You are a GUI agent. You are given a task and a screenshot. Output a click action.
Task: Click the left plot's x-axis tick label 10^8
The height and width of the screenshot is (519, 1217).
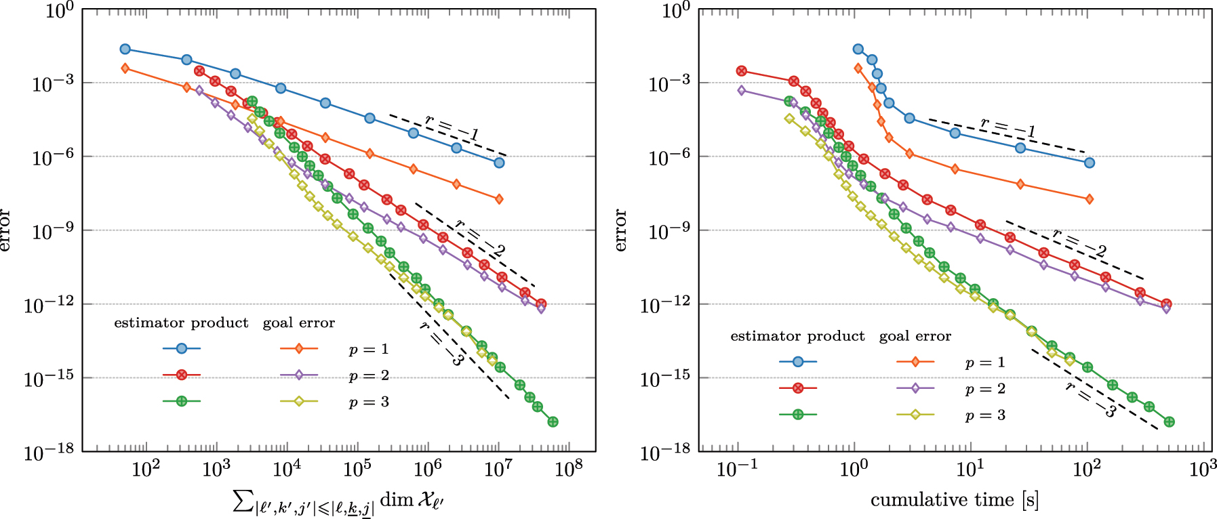pos(568,468)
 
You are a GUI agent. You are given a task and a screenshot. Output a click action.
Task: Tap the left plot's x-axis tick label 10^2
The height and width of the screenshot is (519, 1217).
pos(145,468)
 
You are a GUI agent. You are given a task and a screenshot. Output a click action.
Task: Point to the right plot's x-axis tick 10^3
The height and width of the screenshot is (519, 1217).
pos(1203,468)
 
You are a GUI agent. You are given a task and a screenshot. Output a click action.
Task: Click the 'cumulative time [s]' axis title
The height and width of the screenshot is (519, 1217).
pos(955,500)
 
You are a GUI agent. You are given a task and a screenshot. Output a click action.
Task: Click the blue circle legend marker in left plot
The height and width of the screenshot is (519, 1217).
pos(182,348)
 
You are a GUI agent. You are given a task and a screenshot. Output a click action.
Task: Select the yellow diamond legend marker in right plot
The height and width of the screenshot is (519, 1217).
pos(915,415)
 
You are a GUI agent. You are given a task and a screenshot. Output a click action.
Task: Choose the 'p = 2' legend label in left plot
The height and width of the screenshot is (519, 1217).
pos(369,375)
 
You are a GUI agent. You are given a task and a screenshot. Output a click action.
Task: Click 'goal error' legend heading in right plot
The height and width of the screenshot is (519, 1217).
pos(915,336)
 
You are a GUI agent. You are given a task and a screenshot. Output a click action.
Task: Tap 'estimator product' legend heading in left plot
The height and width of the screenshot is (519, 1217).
pos(181,323)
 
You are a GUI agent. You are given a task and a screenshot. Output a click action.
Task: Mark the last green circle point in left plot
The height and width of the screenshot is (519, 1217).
pos(553,421)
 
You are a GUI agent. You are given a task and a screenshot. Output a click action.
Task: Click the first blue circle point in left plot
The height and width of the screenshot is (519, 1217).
pos(125,49)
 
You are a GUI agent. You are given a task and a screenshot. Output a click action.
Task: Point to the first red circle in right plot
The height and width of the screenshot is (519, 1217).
pos(742,71)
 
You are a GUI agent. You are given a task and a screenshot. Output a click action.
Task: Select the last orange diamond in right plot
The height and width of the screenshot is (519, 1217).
pos(1090,199)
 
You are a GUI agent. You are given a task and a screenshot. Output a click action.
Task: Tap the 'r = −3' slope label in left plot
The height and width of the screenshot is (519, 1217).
pos(441,344)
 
